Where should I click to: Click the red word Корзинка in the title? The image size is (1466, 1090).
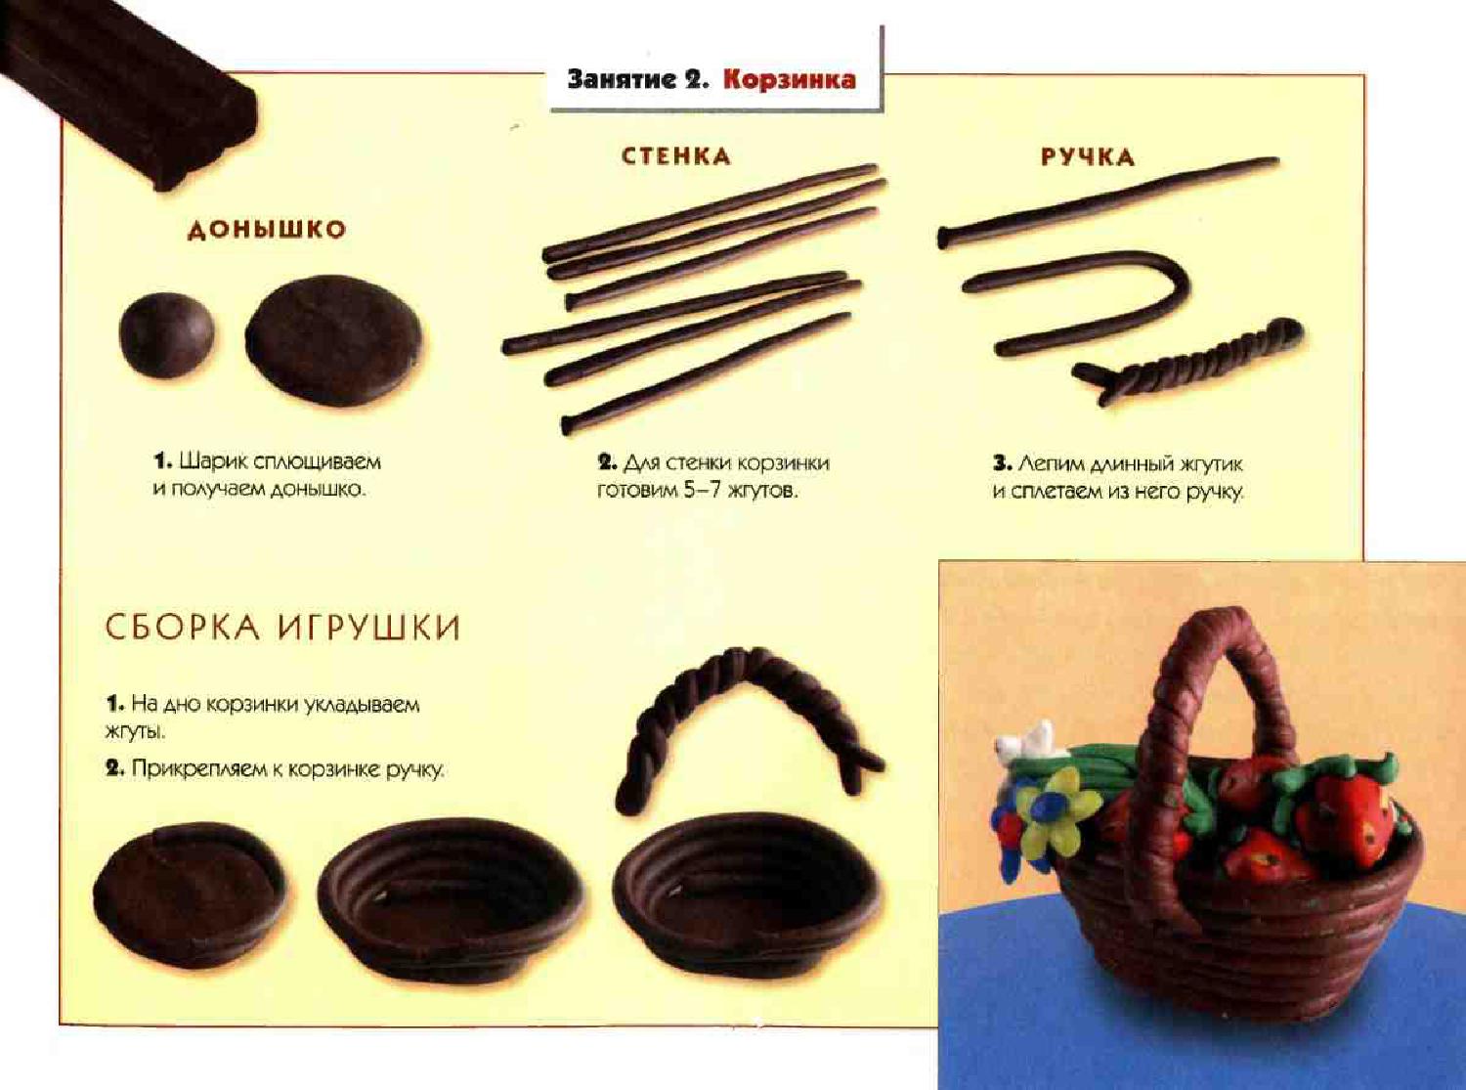coord(789,80)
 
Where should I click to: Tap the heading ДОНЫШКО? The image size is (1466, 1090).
coord(267,230)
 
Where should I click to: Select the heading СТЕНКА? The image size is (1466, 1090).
coord(676,156)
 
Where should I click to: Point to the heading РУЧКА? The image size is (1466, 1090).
coord(1088,157)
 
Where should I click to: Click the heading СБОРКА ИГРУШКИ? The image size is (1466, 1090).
coord(282,627)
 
